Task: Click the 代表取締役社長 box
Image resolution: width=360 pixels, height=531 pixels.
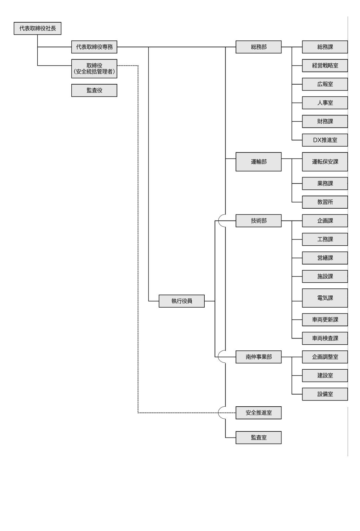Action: point(38,28)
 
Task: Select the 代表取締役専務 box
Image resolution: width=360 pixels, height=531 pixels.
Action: point(94,47)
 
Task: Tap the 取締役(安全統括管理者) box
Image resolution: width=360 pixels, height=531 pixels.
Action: point(94,69)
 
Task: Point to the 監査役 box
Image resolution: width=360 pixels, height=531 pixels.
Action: point(94,90)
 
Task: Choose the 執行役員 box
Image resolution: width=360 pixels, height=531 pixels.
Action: point(182,301)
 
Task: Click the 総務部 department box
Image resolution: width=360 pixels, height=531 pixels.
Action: point(259,47)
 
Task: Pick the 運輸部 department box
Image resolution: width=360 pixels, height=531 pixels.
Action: point(259,162)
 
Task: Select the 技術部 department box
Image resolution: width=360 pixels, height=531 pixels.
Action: point(259,221)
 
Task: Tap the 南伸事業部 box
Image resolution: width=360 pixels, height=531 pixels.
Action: point(259,357)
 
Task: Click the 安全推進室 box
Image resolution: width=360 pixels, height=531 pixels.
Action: point(259,413)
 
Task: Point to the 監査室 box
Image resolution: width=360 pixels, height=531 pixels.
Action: point(259,437)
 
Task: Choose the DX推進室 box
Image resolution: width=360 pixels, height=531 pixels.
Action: point(325,140)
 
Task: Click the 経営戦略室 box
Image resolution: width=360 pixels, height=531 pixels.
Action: point(325,65)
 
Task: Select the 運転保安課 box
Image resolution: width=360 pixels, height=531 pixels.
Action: point(325,162)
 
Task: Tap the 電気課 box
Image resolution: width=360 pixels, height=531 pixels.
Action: point(325,298)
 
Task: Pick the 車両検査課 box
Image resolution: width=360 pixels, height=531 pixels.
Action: point(325,338)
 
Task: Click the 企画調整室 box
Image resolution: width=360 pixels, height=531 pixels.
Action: point(325,357)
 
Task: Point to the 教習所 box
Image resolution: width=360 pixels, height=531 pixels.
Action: point(325,202)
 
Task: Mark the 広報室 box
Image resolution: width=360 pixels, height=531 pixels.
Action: point(325,84)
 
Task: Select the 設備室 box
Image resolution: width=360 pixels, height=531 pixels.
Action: point(325,394)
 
